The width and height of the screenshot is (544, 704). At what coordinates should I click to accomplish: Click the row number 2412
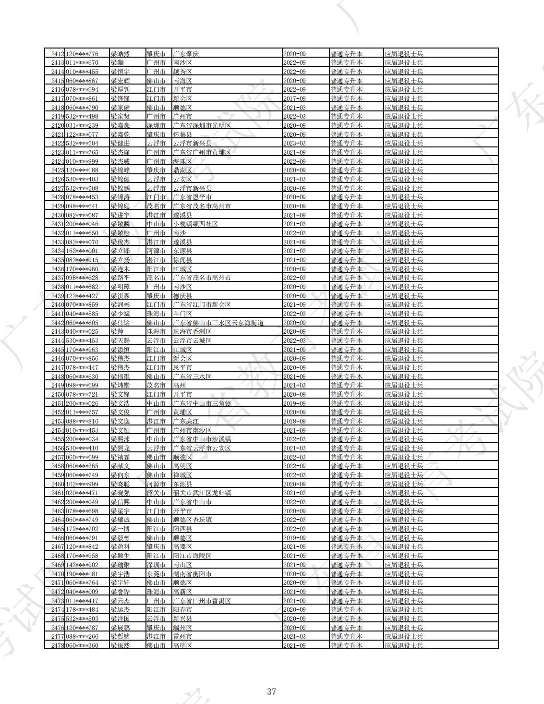point(58,54)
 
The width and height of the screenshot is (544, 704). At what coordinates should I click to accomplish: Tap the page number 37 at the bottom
point(272,692)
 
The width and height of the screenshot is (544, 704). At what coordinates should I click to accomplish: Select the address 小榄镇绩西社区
point(195,224)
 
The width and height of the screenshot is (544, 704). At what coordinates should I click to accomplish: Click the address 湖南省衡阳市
point(192,574)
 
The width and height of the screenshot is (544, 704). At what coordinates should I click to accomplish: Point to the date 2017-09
point(294,98)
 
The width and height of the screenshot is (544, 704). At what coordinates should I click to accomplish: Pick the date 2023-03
point(294,144)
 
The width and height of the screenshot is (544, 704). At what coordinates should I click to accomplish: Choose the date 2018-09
point(294,421)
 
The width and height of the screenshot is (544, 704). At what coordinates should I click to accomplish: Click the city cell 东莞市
point(156,574)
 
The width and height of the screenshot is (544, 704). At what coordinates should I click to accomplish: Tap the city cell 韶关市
point(156,493)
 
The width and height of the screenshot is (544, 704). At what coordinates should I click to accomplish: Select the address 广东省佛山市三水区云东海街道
point(218,323)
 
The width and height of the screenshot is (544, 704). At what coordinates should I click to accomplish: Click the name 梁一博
point(120,529)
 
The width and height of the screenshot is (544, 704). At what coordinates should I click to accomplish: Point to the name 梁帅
point(117,332)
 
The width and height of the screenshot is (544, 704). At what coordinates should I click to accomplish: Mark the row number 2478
point(58,645)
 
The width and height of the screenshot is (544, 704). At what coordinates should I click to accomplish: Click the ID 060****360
point(82,645)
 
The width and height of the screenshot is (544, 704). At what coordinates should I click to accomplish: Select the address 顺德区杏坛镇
point(192,520)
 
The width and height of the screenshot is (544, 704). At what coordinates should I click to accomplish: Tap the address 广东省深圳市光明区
point(202,125)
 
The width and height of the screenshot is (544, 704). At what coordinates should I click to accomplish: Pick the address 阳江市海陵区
point(192,556)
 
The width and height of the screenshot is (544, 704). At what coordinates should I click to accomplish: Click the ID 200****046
point(82,224)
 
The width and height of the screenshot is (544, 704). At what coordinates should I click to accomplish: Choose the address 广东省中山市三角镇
point(202,403)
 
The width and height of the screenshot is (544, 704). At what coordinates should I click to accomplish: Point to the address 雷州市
point(182,636)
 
